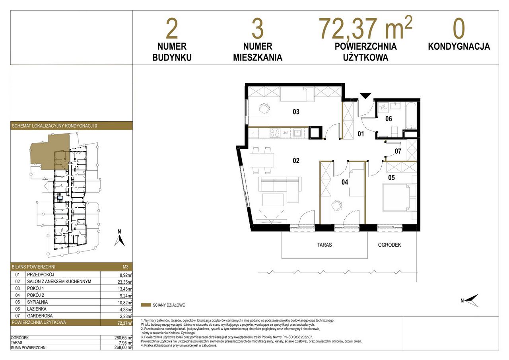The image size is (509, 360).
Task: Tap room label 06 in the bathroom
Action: [389, 119]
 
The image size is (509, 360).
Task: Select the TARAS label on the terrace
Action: [324, 245]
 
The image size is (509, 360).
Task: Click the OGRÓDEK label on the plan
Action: [389, 245]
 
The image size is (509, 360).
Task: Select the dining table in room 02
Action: [262, 160]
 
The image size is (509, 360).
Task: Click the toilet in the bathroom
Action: [394, 132]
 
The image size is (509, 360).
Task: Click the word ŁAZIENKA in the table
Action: [37, 309]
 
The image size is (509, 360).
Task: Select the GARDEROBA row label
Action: [40, 316]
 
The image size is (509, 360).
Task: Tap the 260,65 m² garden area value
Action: [123, 337]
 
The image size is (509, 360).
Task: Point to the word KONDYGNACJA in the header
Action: [459, 47]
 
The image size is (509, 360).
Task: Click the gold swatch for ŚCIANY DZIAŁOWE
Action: [146, 305]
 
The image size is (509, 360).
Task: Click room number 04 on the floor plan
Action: [345, 182]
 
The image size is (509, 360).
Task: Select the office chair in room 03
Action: [265, 109]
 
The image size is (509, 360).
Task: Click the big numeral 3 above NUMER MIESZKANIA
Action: [257, 29]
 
